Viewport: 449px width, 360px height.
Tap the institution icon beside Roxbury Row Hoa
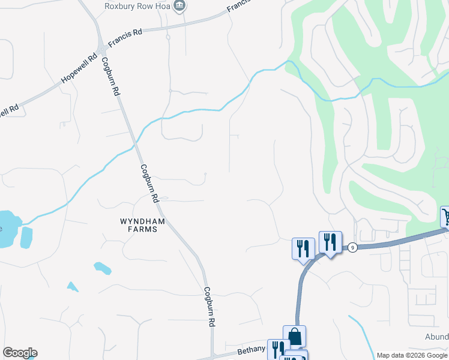[x=179, y=6]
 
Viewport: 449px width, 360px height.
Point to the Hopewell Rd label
[x=79, y=69]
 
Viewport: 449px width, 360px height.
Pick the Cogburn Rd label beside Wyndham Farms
[x=149, y=183]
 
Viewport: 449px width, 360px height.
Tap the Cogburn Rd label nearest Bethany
[x=209, y=307]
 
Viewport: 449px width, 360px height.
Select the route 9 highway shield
[x=352, y=247]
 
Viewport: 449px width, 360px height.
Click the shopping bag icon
[x=294, y=336]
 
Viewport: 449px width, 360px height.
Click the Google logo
[x=20, y=353]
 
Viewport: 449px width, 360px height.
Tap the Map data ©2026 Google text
[x=412, y=355]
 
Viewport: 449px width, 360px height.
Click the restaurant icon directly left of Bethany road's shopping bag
[x=277, y=349]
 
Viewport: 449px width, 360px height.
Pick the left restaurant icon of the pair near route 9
[x=303, y=248]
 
